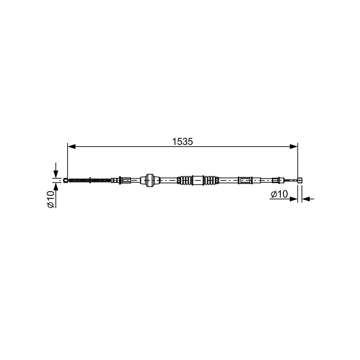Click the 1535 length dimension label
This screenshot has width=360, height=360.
coord(183,142)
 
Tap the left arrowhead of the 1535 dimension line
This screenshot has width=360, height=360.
coord(72,147)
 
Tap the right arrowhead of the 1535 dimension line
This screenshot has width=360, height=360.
coord(293,147)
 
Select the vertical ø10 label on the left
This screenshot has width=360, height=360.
coord(51,199)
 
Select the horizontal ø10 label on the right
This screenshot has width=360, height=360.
coord(279,194)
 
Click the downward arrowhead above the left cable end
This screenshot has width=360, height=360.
coord(56,174)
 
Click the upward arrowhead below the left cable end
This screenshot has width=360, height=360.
coord(56,187)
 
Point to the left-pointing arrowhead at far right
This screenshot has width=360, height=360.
coord(306,199)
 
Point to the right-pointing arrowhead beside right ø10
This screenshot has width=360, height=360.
coord(294,199)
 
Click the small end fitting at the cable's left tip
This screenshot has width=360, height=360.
coord(65,180)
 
